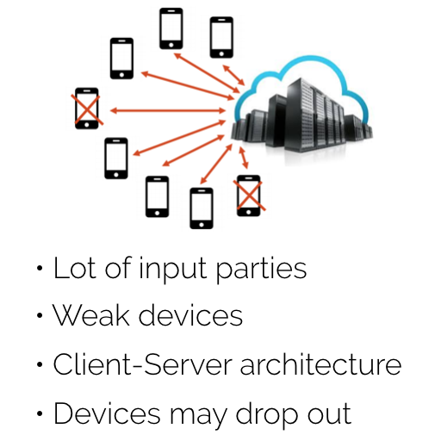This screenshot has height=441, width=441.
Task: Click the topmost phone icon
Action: pyautogui.click(x=171, y=28)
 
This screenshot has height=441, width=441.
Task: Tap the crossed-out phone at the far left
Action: pyautogui.click(x=87, y=109)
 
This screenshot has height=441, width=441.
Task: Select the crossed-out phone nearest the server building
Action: pyautogui.click(x=249, y=196)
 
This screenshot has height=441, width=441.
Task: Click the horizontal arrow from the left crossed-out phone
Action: pyautogui.click(x=168, y=110)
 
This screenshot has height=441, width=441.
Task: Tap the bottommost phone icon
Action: pyautogui.click(x=202, y=208)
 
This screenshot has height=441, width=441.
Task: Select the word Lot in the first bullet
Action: pyautogui.click(x=75, y=268)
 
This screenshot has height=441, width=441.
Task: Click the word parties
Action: pyautogui.click(x=261, y=270)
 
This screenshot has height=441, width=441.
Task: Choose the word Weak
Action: pyautogui.click(x=90, y=315)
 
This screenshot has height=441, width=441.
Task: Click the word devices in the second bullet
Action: pyautogui.click(x=191, y=315)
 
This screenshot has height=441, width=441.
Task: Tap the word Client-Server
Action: pyautogui.click(x=142, y=363)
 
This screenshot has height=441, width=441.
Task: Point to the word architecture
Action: pyautogui.click(x=320, y=363)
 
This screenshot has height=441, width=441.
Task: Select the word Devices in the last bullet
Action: pyautogui.click(x=107, y=413)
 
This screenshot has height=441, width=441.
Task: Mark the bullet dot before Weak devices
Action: pyautogui.click(x=40, y=315)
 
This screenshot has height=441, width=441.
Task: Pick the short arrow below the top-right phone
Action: pyautogui.click(x=233, y=75)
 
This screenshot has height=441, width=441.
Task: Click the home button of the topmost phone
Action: pyautogui.click(x=171, y=45)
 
